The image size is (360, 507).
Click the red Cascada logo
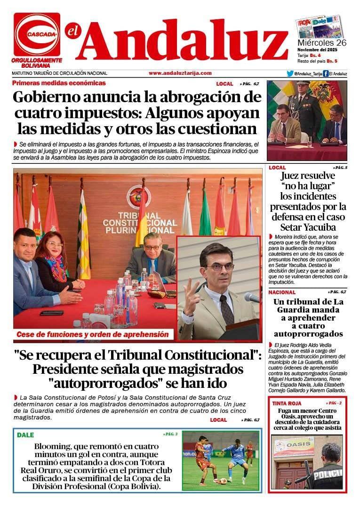click(x=37, y=34)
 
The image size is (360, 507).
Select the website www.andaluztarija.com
click(x=180, y=73)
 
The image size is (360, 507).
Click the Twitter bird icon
click(x=290, y=73)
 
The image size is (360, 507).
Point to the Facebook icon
click(x=326, y=73)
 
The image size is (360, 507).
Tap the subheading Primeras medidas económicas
click(x=59, y=83)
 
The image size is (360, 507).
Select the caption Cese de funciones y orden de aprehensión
click(x=92, y=334)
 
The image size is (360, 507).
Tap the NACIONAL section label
click(x=282, y=292)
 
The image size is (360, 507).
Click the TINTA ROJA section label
click(x=287, y=403)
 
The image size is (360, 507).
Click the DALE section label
click(x=25, y=435)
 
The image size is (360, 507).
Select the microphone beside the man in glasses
click(x=252, y=298)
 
